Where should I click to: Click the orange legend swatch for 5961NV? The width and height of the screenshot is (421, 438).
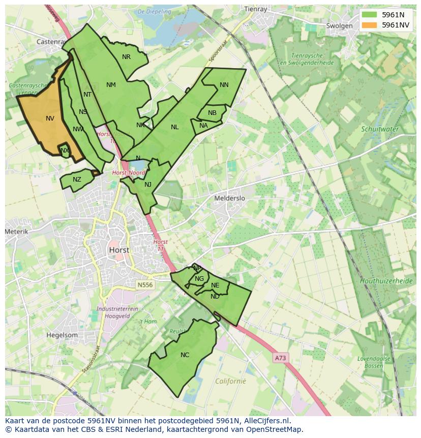(x=370, y=25)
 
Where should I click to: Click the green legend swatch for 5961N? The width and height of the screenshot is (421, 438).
(x=370, y=15)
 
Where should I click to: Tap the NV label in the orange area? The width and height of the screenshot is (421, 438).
(x=50, y=119)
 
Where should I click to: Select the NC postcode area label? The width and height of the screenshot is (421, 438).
(x=185, y=355)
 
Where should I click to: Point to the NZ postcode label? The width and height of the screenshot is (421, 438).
(x=77, y=180)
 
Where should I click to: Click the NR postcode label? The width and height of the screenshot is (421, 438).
(x=126, y=57)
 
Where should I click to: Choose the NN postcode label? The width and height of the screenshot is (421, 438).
(x=224, y=85)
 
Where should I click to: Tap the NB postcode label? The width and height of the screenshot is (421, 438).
(x=212, y=113)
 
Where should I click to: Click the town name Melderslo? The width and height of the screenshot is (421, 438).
(x=229, y=198)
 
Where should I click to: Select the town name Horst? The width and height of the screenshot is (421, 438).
(x=118, y=250)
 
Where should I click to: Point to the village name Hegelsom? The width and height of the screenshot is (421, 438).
(x=62, y=335)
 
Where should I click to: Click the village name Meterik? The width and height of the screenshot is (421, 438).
(x=16, y=231)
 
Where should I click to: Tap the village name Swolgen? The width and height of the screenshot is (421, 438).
(x=339, y=26)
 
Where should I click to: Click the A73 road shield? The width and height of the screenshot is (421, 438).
(x=280, y=358)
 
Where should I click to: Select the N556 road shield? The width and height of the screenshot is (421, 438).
(x=144, y=285)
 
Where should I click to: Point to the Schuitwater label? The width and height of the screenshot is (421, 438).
(x=380, y=129)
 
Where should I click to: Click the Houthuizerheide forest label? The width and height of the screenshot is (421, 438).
(x=386, y=281)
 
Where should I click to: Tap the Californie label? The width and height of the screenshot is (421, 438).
(x=230, y=381)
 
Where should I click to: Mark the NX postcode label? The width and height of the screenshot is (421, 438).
(x=65, y=151)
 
